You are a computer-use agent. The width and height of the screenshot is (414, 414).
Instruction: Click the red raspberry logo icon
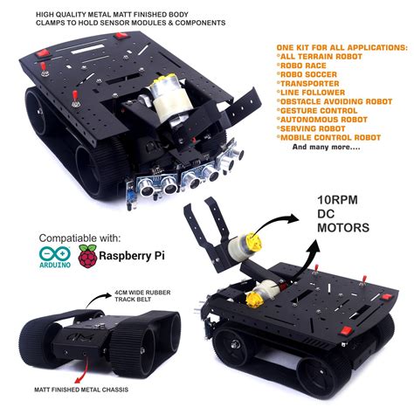point(87,255)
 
